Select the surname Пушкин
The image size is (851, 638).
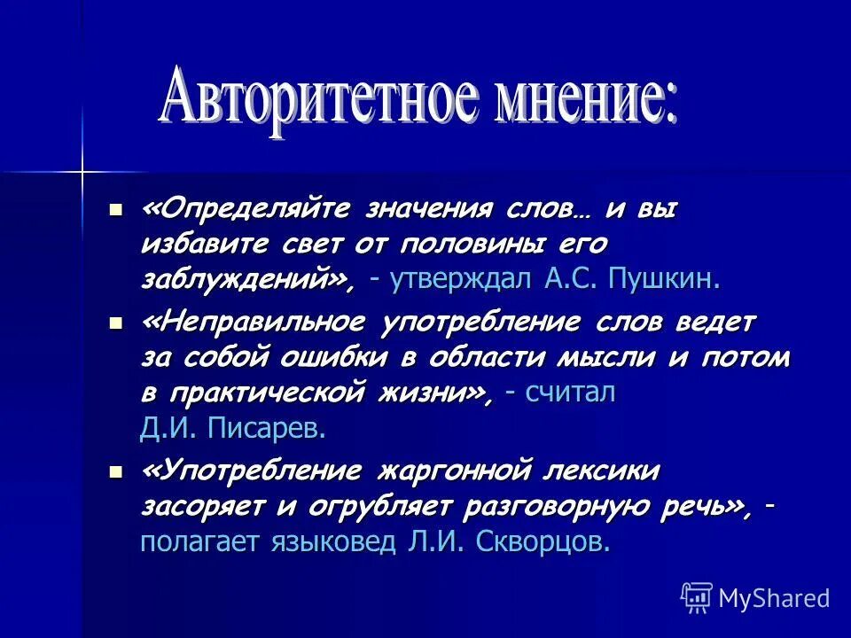(x=664, y=280)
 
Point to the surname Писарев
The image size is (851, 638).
(x=267, y=429)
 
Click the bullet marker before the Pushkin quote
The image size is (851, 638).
(x=114, y=211)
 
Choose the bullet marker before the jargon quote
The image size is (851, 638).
(x=114, y=471)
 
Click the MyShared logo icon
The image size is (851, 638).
(x=697, y=597)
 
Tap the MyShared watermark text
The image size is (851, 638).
(x=774, y=598)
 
